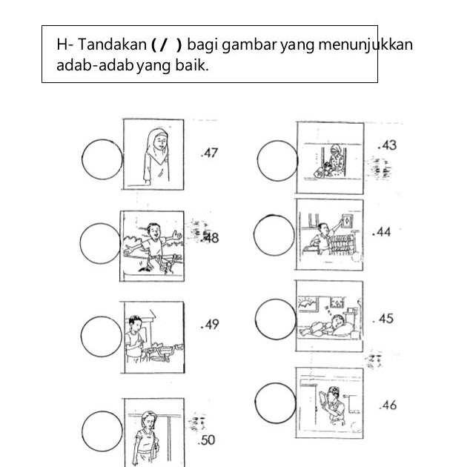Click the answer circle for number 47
click(x=102, y=159)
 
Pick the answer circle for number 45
click(x=277, y=319)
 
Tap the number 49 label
click(x=210, y=325)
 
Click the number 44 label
click(x=382, y=232)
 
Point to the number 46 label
click(x=387, y=405)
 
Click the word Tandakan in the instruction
click(x=109, y=46)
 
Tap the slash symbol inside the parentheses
click(x=164, y=46)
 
